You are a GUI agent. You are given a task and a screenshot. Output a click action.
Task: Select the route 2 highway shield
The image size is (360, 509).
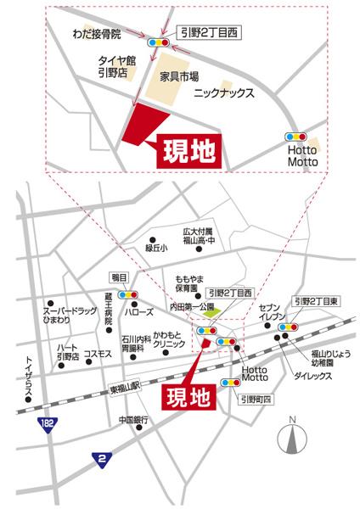tap(103, 459)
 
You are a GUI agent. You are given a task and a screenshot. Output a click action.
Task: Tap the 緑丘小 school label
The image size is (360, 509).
tap(156, 249)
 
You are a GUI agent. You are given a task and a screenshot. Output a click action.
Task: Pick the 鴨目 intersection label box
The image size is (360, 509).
tap(117, 277)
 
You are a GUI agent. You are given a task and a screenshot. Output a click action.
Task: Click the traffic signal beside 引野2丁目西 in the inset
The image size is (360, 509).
tap(158, 41)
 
